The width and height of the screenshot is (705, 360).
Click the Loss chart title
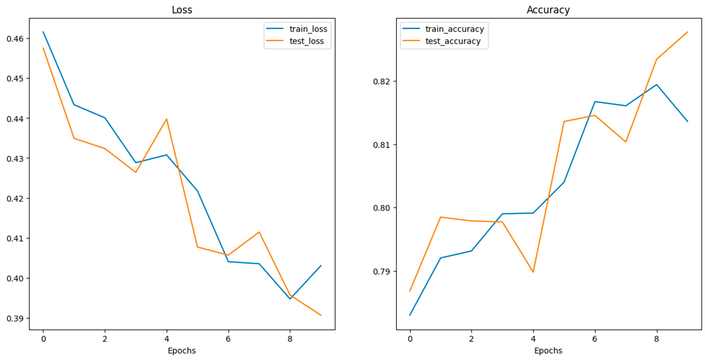tap(182, 10)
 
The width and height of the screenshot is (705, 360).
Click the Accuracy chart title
tap(548, 10)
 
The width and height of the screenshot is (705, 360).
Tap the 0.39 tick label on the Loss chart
tap(15, 318)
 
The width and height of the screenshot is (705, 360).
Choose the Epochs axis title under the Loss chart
tap(182, 350)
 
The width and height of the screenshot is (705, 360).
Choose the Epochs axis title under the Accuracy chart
tap(548, 350)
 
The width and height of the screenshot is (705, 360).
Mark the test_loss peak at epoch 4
tap(166, 119)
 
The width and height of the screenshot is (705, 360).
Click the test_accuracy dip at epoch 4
tap(533, 272)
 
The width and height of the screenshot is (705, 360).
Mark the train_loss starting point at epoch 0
tap(43, 32)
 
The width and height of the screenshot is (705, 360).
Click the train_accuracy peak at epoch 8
tap(656, 85)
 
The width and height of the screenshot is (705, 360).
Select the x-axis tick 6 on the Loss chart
tap(228, 339)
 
